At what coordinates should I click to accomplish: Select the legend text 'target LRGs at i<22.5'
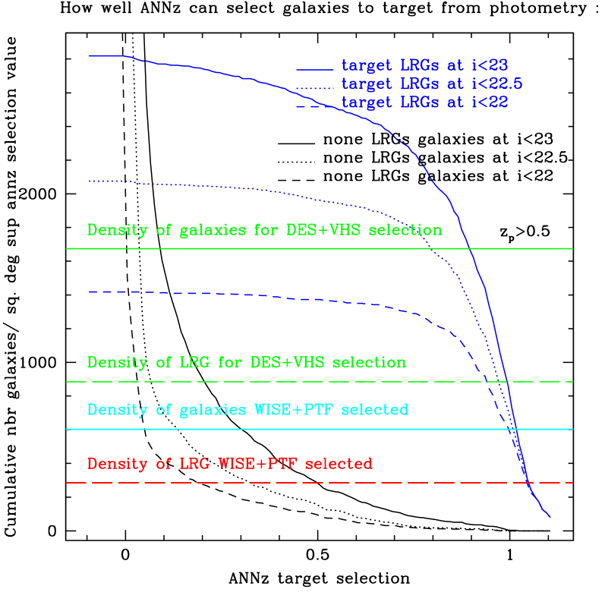[x=432, y=84]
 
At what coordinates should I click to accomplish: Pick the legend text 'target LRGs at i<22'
[x=424, y=102]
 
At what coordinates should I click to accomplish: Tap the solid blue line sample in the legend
[x=314, y=70]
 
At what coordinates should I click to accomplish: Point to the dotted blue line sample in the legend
[x=314, y=89]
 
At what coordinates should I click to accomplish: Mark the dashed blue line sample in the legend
[x=314, y=107]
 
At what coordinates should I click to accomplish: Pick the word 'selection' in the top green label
[x=405, y=230]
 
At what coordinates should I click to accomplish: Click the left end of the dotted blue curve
[x=90, y=181]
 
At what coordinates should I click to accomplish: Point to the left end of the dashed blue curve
[x=90, y=291]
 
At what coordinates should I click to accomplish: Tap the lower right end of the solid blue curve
[x=549, y=517]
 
